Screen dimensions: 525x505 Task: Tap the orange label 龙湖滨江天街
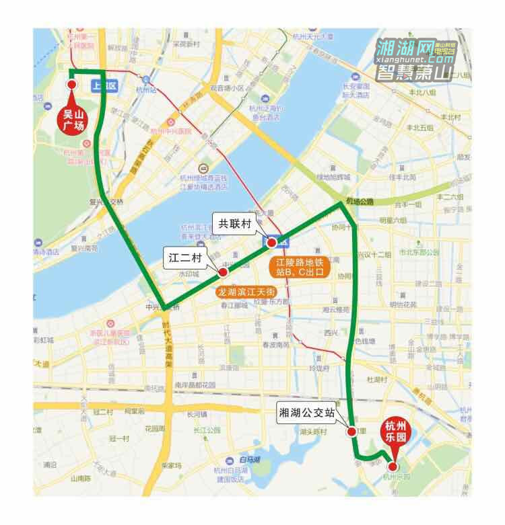[245, 292]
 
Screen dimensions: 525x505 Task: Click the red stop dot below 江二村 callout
[222, 272]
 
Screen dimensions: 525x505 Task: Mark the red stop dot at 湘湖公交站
[351, 432]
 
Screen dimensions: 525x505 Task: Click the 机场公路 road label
[360, 201]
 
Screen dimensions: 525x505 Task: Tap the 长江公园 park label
[207, 430]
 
